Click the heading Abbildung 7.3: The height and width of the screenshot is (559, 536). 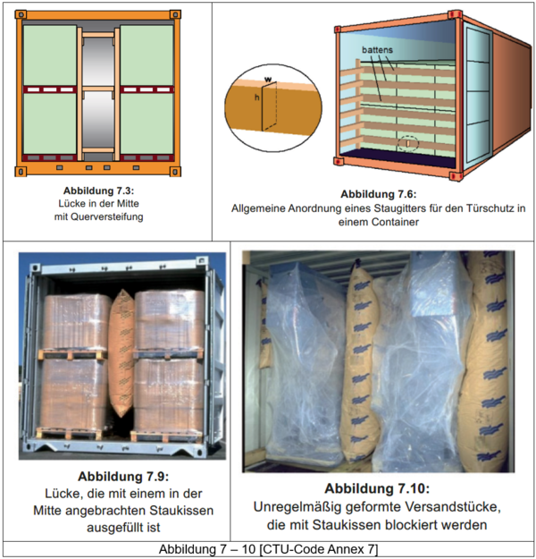[98, 191]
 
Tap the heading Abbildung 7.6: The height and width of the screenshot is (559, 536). [378, 194]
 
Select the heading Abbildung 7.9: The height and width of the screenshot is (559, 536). [123, 477]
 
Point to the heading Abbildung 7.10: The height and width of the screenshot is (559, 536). [377, 488]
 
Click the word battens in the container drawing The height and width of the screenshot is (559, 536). [377, 50]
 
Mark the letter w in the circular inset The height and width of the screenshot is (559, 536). [268, 79]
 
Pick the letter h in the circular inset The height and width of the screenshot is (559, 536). [256, 97]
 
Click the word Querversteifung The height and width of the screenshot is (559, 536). [107, 216]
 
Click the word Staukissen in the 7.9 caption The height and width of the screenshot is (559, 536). [181, 510]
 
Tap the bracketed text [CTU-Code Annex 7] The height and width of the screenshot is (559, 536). [319, 549]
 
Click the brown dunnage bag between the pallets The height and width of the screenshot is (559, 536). [121, 353]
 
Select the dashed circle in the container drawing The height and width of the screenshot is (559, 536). [408, 143]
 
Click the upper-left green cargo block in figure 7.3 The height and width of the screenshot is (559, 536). [50, 55]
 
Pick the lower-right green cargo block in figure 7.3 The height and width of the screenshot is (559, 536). [147, 123]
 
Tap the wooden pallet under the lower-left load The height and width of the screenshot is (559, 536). [69, 433]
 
